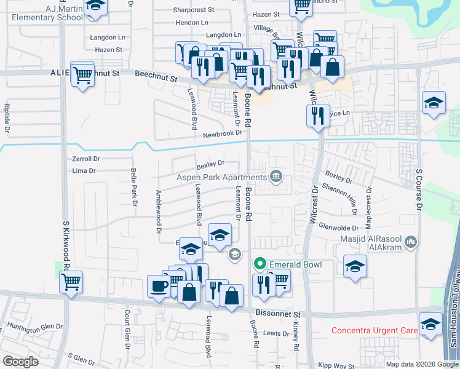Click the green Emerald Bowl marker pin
pyautogui.click(x=260, y=264)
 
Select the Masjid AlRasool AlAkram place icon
pyautogui.click(x=411, y=241)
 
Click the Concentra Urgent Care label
pyautogui.click(x=375, y=330)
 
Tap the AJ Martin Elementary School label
pyautogui.click(x=46, y=13)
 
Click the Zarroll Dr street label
pyautogui.click(x=85, y=159)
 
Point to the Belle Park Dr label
pyautogui.click(x=133, y=188)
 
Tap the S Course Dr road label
pyautogui.click(x=419, y=190)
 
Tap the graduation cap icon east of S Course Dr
pyautogui.click(x=434, y=103)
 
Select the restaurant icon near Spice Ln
pyautogui.click(x=317, y=115)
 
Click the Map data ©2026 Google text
pyautogui.click(x=421, y=364)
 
